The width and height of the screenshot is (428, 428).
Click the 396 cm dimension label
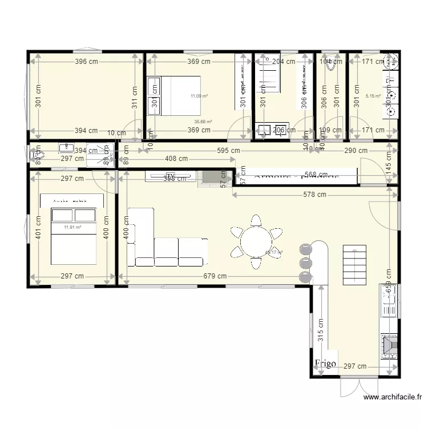(85, 62)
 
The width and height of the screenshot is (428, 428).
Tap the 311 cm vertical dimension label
(135, 96)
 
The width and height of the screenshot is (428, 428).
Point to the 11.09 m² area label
(199, 96)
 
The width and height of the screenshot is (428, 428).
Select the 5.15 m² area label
(373, 96)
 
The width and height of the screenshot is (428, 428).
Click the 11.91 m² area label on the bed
(72, 227)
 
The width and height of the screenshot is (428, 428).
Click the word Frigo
(325, 363)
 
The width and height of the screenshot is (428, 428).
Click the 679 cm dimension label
(215, 276)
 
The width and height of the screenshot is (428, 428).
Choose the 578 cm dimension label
(314, 195)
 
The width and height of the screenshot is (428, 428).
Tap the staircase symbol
(354, 265)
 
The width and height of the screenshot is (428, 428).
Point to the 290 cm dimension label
(356, 151)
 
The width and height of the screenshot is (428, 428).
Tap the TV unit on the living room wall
(170, 176)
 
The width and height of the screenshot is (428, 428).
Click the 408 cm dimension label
(175, 159)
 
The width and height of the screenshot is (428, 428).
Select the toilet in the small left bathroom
(37, 155)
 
